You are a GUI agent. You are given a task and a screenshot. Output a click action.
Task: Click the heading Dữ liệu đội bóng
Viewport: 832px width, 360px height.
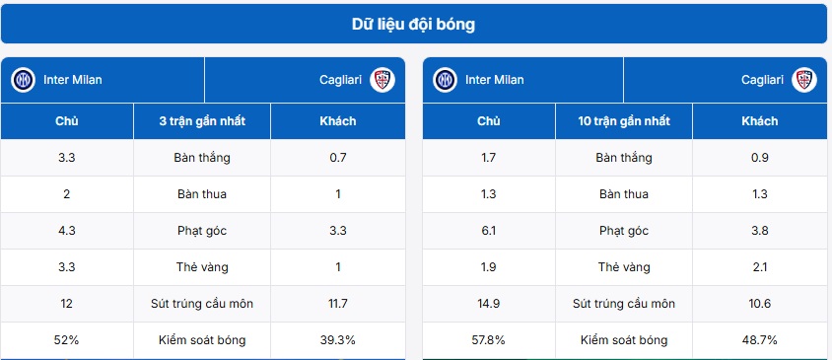pyautogui.click(x=414, y=24)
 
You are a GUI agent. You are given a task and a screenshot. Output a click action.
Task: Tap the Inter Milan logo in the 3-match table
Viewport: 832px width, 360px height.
pyautogui.click(x=23, y=80)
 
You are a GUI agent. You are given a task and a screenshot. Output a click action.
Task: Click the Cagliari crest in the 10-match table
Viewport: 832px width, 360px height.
pyautogui.click(x=804, y=80)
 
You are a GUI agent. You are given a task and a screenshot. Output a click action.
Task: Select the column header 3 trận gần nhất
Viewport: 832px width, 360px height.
pyautogui.click(x=201, y=121)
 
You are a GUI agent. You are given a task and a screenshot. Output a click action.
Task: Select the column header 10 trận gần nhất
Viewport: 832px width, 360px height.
pyautogui.click(x=624, y=121)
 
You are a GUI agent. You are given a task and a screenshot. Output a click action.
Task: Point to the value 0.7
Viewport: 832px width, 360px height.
pyautogui.click(x=338, y=158)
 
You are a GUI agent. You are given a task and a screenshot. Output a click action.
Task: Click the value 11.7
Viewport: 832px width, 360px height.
pyautogui.click(x=338, y=304)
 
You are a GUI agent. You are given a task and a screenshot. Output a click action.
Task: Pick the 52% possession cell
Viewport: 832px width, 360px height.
pyautogui.click(x=67, y=340)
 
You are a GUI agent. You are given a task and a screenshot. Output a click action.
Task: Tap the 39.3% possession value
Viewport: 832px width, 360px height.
pyautogui.click(x=338, y=340)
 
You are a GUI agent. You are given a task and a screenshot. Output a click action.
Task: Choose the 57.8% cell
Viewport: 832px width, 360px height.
pyautogui.click(x=489, y=340)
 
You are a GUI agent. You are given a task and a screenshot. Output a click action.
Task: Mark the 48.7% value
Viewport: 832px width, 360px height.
pyautogui.click(x=759, y=340)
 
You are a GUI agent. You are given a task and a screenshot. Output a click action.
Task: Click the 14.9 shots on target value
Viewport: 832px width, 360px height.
pyautogui.click(x=489, y=304)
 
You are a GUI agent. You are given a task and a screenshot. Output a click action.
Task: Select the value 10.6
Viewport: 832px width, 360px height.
pyautogui.click(x=759, y=304)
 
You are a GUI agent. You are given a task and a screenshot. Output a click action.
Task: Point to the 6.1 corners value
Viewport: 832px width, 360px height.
pyautogui.click(x=489, y=231)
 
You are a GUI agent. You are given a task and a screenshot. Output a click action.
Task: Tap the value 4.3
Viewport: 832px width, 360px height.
pyautogui.click(x=67, y=231)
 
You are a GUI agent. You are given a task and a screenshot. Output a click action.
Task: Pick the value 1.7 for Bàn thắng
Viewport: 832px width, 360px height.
pyautogui.click(x=489, y=158)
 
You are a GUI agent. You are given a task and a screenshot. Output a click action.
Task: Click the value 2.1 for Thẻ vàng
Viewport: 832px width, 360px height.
pyautogui.click(x=759, y=267)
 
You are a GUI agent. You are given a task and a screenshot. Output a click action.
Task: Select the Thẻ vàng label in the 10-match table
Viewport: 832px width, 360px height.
pyautogui.click(x=624, y=267)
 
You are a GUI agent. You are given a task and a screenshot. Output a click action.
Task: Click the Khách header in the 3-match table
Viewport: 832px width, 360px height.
pyautogui.click(x=338, y=121)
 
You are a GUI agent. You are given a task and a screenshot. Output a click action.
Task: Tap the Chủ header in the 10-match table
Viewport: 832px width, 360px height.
pyautogui.click(x=489, y=121)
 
